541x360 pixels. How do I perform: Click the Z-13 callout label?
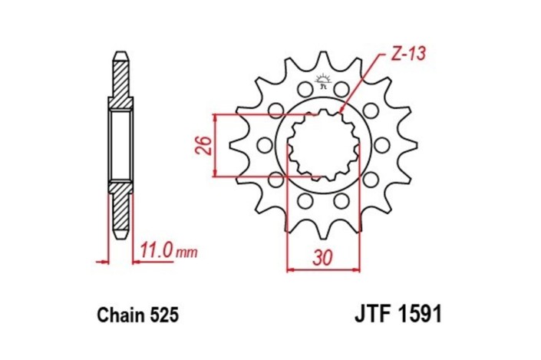(406, 54)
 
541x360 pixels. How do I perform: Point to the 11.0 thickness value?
(157, 250)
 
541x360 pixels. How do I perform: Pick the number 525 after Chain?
(163, 315)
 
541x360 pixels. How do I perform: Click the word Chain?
(120, 315)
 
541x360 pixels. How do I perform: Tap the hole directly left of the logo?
(298, 91)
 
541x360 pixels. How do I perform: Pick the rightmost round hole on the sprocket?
(381, 145)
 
